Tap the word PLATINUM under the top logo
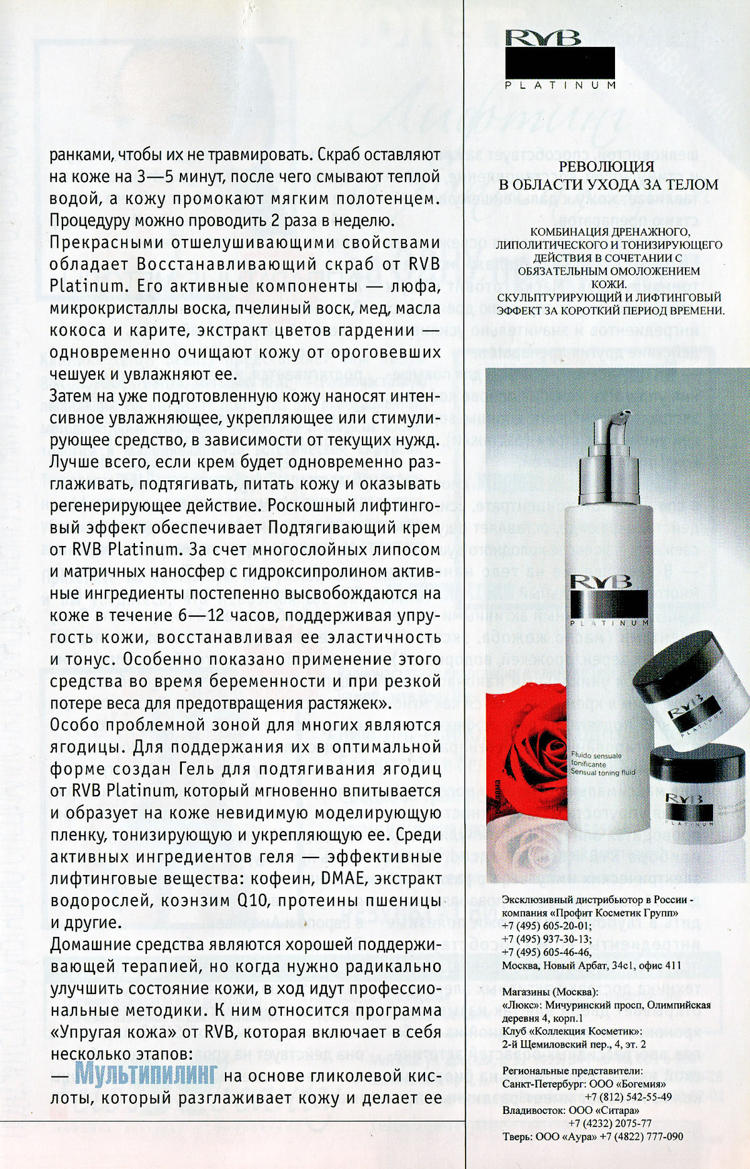pos(560,85)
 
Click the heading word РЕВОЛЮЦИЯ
pos(606,166)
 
